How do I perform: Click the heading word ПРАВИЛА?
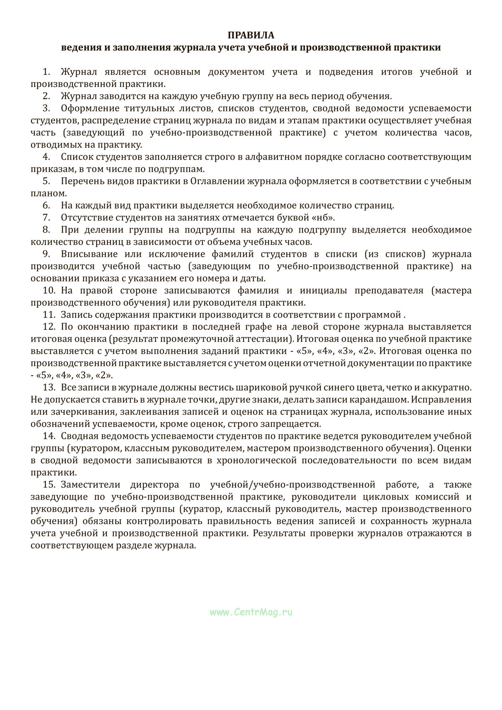[251, 35]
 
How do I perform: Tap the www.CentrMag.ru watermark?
[251, 612]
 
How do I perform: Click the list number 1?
[46, 72]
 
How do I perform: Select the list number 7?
[46, 218]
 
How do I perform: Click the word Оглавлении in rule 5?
[218, 181]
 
